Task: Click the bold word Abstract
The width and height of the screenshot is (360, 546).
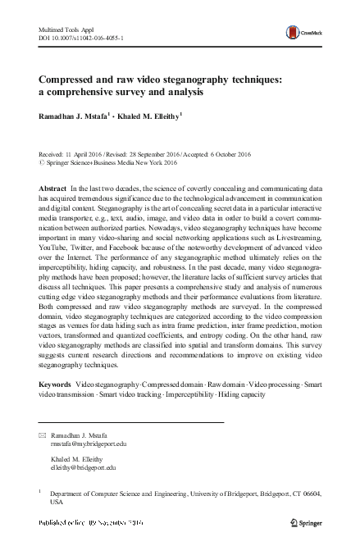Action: pyautogui.click(x=52, y=188)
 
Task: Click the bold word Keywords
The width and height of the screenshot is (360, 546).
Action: pyautogui.click(x=55, y=384)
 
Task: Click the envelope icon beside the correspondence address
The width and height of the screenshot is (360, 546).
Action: pyautogui.click(x=43, y=433)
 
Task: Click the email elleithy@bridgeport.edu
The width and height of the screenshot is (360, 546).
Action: pyautogui.click(x=84, y=467)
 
